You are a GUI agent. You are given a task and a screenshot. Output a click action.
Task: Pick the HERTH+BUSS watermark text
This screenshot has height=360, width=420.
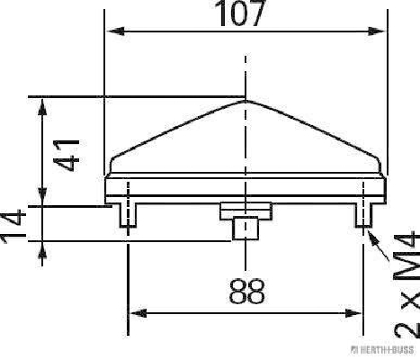point(388,349)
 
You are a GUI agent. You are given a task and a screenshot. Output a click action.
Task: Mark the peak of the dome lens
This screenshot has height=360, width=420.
point(246,100)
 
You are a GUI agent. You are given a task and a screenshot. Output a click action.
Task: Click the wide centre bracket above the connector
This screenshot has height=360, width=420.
point(246,209)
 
